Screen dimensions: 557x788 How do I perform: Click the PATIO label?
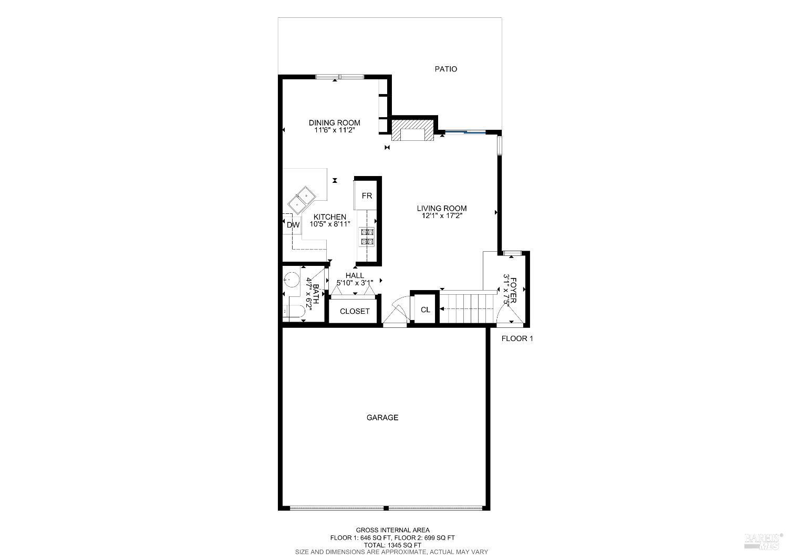[445, 69]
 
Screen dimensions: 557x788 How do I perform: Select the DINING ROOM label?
[334, 123]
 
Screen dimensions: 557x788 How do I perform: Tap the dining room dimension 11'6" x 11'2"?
[334, 130]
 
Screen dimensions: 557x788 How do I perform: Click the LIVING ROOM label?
[442, 208]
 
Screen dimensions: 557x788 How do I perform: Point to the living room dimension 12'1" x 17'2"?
[442, 215]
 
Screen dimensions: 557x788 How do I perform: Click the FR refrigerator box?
[367, 196]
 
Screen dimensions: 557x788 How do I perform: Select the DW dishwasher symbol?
[293, 225]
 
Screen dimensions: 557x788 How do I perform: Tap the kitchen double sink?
[302, 199]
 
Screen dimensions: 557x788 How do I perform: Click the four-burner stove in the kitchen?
[366, 236]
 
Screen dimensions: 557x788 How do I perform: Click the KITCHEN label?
[330, 217]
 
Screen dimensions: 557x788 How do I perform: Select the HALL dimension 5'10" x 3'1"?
[355, 283]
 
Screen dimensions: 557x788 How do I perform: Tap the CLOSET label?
[355, 311]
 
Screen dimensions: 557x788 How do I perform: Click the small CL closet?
[426, 310]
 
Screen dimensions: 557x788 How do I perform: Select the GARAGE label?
[382, 418]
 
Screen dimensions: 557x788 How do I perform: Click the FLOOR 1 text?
[517, 339]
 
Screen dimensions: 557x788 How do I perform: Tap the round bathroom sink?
[291, 279]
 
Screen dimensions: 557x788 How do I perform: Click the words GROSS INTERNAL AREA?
[392, 530]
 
